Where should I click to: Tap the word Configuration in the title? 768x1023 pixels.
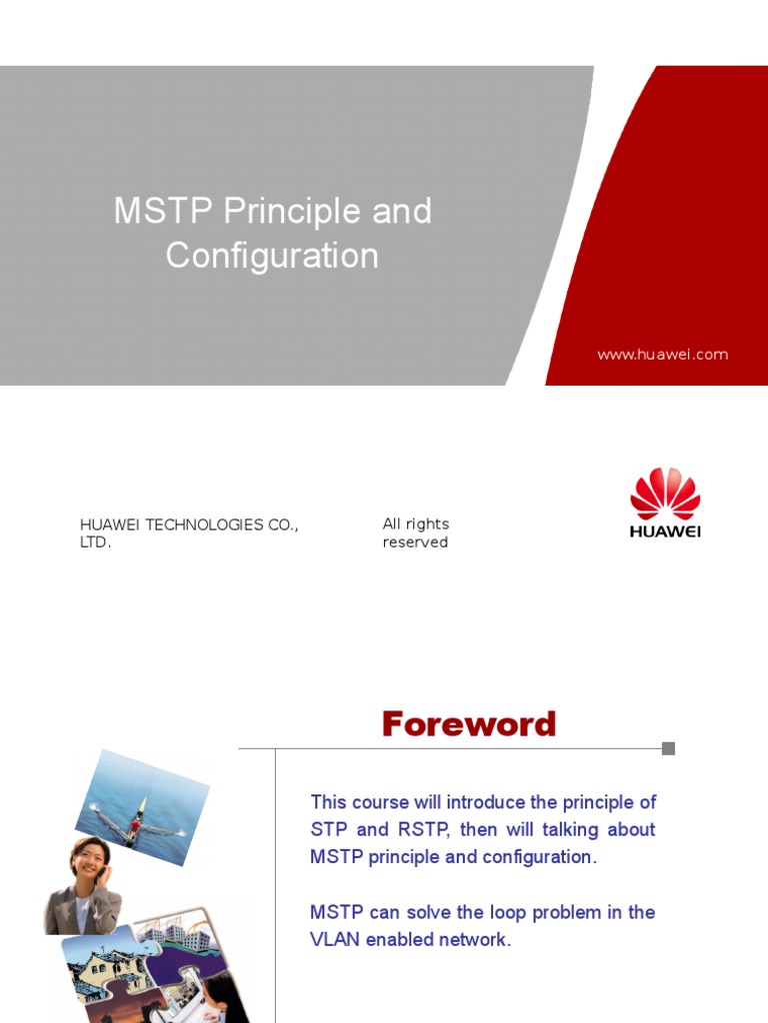click(272, 256)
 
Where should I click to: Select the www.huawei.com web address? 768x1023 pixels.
click(662, 355)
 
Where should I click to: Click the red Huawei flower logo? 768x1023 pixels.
click(665, 493)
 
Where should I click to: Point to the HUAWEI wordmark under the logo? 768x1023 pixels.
click(665, 531)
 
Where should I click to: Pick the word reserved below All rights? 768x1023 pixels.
click(415, 542)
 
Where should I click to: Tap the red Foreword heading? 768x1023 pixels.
click(468, 724)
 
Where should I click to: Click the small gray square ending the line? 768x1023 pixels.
click(668, 748)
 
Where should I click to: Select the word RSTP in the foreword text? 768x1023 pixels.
click(423, 829)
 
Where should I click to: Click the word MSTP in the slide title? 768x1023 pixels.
click(164, 212)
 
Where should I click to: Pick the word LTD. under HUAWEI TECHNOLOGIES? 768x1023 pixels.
click(96, 542)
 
